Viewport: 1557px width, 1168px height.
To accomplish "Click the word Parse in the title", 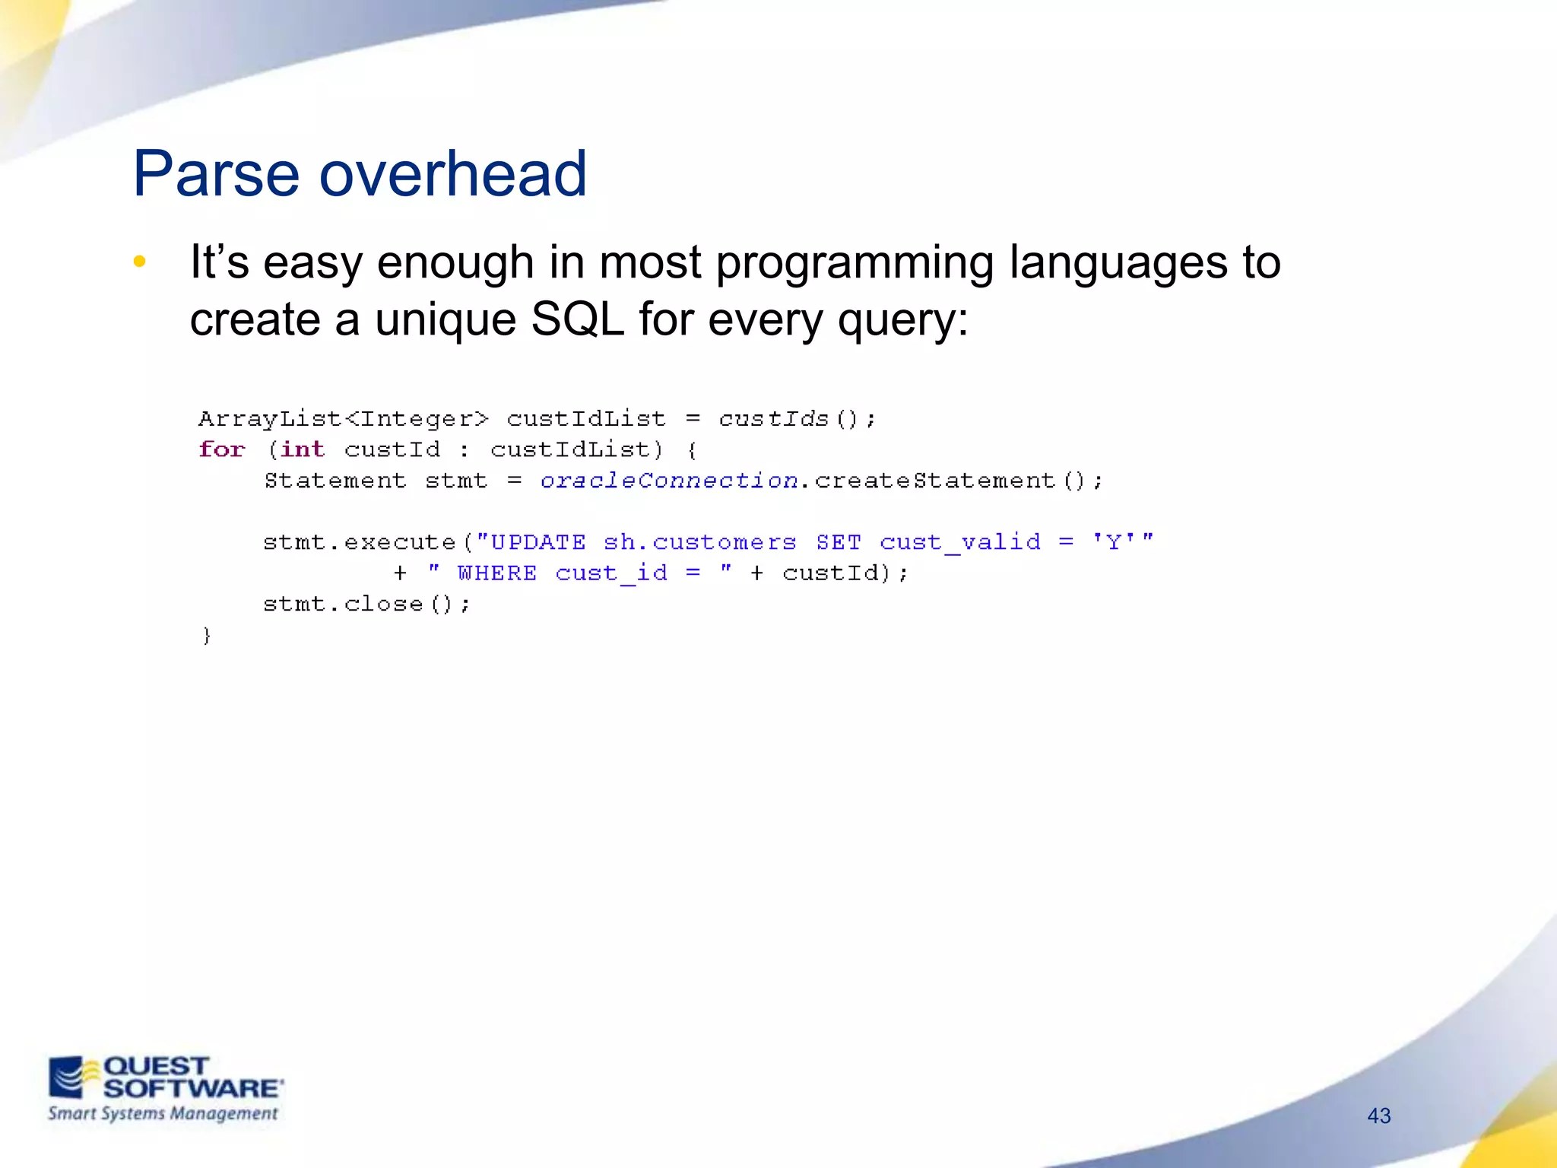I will pyautogui.click(x=216, y=175).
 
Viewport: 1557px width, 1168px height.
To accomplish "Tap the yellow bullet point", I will pyautogui.click(x=139, y=262).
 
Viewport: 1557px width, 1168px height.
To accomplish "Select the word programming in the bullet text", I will pyautogui.click(x=855, y=264).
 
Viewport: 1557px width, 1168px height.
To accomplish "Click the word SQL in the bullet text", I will pyautogui.click(x=577, y=319).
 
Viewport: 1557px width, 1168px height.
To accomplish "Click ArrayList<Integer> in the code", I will pyautogui.click(x=344, y=419).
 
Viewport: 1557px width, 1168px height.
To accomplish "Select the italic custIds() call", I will pyautogui.click(x=796, y=419).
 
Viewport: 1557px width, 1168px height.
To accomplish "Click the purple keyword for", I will pyautogui.click(x=222, y=449).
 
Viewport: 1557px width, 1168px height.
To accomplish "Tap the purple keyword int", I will pyautogui.click(x=302, y=449).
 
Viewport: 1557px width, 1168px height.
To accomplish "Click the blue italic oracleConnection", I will pyautogui.click(x=668, y=481).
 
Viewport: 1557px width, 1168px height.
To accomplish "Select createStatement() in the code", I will pyautogui.click(x=958, y=481).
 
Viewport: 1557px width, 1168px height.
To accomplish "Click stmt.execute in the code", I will pyautogui.click(x=360, y=542).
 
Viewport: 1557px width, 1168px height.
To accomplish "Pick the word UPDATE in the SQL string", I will pyautogui.click(x=538, y=542).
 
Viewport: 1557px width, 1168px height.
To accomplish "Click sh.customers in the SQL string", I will pyautogui.click(x=699, y=542).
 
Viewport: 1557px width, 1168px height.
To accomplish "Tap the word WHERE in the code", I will pyautogui.click(x=496, y=573).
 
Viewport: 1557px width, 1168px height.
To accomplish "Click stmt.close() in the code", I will pyautogui.click(x=366, y=605).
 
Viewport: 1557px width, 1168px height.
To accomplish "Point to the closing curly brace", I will pyautogui.click(x=206, y=636).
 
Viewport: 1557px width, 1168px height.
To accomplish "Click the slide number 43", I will pyautogui.click(x=1378, y=1116).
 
